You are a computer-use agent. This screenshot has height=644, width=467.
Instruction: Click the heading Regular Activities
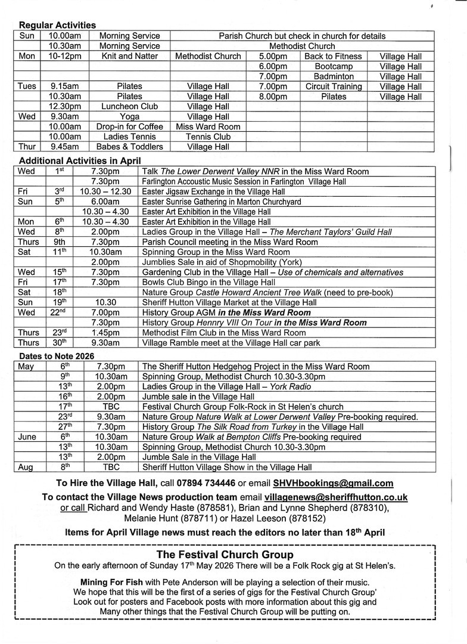[57, 25]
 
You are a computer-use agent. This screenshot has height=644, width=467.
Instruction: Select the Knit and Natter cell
[129, 56]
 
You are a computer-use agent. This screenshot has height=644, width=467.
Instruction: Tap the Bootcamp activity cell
[333, 66]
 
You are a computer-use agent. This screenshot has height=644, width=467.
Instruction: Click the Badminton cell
[333, 76]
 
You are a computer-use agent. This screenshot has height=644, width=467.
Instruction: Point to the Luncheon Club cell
[129, 107]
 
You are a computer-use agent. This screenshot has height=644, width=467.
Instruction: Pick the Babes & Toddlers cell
[129, 147]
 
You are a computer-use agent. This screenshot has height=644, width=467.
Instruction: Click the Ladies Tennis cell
[129, 137]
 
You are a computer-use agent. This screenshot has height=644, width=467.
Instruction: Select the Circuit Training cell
[333, 86]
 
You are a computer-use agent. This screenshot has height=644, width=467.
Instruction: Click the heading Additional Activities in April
[80, 160]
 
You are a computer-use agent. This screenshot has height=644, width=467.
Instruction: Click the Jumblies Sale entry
[222, 262]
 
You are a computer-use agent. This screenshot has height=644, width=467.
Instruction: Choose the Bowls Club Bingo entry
[208, 282]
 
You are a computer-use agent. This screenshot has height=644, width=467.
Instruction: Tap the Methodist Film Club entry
[224, 332]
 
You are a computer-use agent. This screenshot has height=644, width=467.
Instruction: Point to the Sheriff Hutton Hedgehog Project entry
[256, 366]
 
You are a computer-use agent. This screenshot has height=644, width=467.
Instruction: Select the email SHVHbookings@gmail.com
[333, 483]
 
